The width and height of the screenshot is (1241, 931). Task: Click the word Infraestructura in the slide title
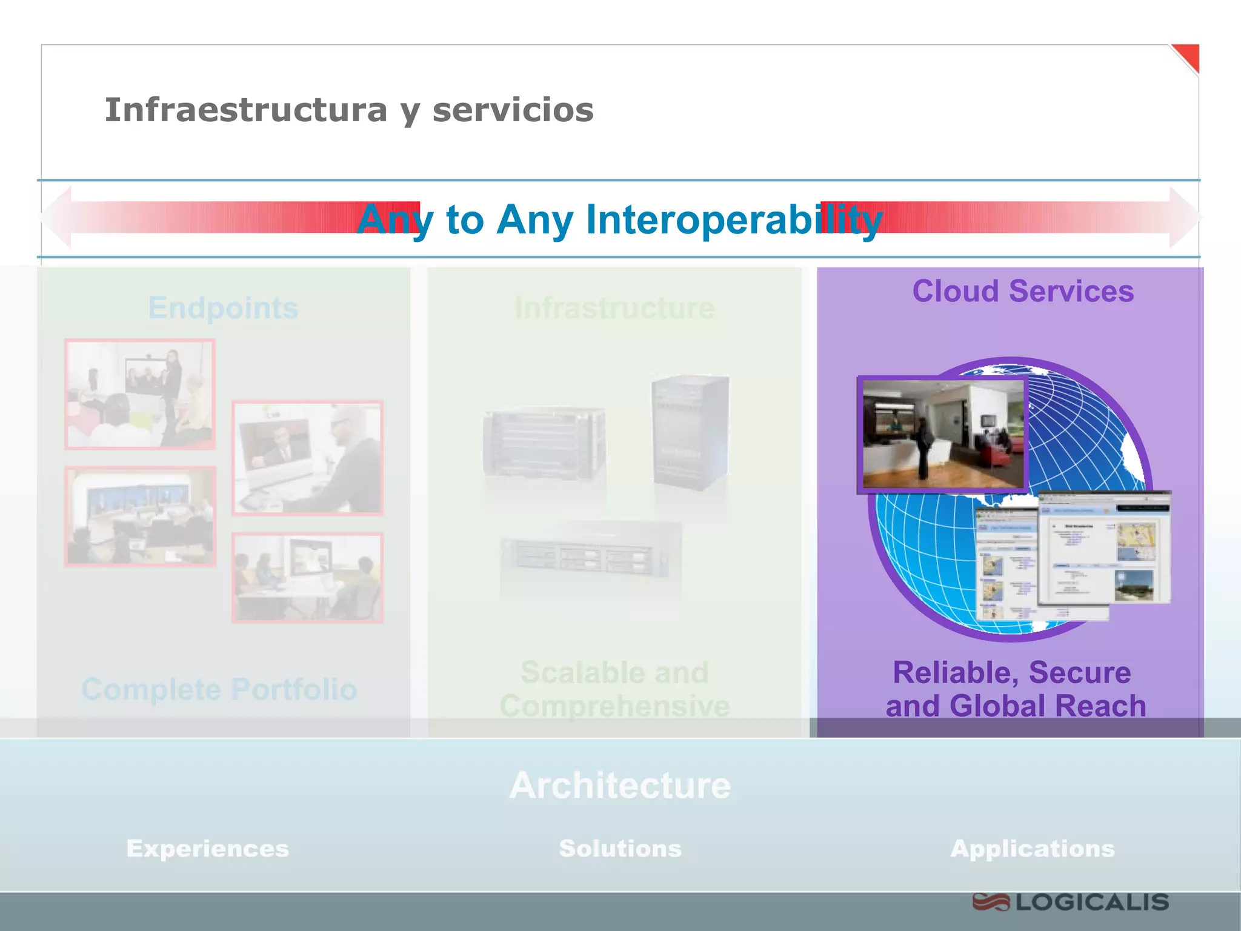pyautogui.click(x=245, y=110)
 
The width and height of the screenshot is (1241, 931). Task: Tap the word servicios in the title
pyautogui.click(x=513, y=110)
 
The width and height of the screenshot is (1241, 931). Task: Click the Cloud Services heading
pyautogui.click(x=1023, y=291)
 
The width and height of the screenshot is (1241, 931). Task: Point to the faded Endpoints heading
pyautogui.click(x=223, y=308)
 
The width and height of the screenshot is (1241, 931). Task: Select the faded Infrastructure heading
pyautogui.click(x=614, y=308)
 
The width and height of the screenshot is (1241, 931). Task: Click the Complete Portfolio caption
pyautogui.click(x=219, y=689)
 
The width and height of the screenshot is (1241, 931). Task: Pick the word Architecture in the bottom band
pyautogui.click(x=620, y=786)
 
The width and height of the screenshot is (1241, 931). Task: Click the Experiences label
pyautogui.click(x=207, y=849)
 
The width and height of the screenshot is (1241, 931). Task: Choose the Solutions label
pyautogui.click(x=620, y=849)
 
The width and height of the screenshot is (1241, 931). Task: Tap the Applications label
pyautogui.click(x=1033, y=849)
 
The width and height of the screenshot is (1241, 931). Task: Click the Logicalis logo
pyautogui.click(x=1071, y=902)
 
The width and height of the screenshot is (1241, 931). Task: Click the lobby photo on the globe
pyautogui.click(x=942, y=434)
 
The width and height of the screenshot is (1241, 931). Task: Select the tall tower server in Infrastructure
pyautogui.click(x=690, y=432)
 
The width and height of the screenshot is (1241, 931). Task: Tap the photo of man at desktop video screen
pyautogui.click(x=307, y=458)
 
